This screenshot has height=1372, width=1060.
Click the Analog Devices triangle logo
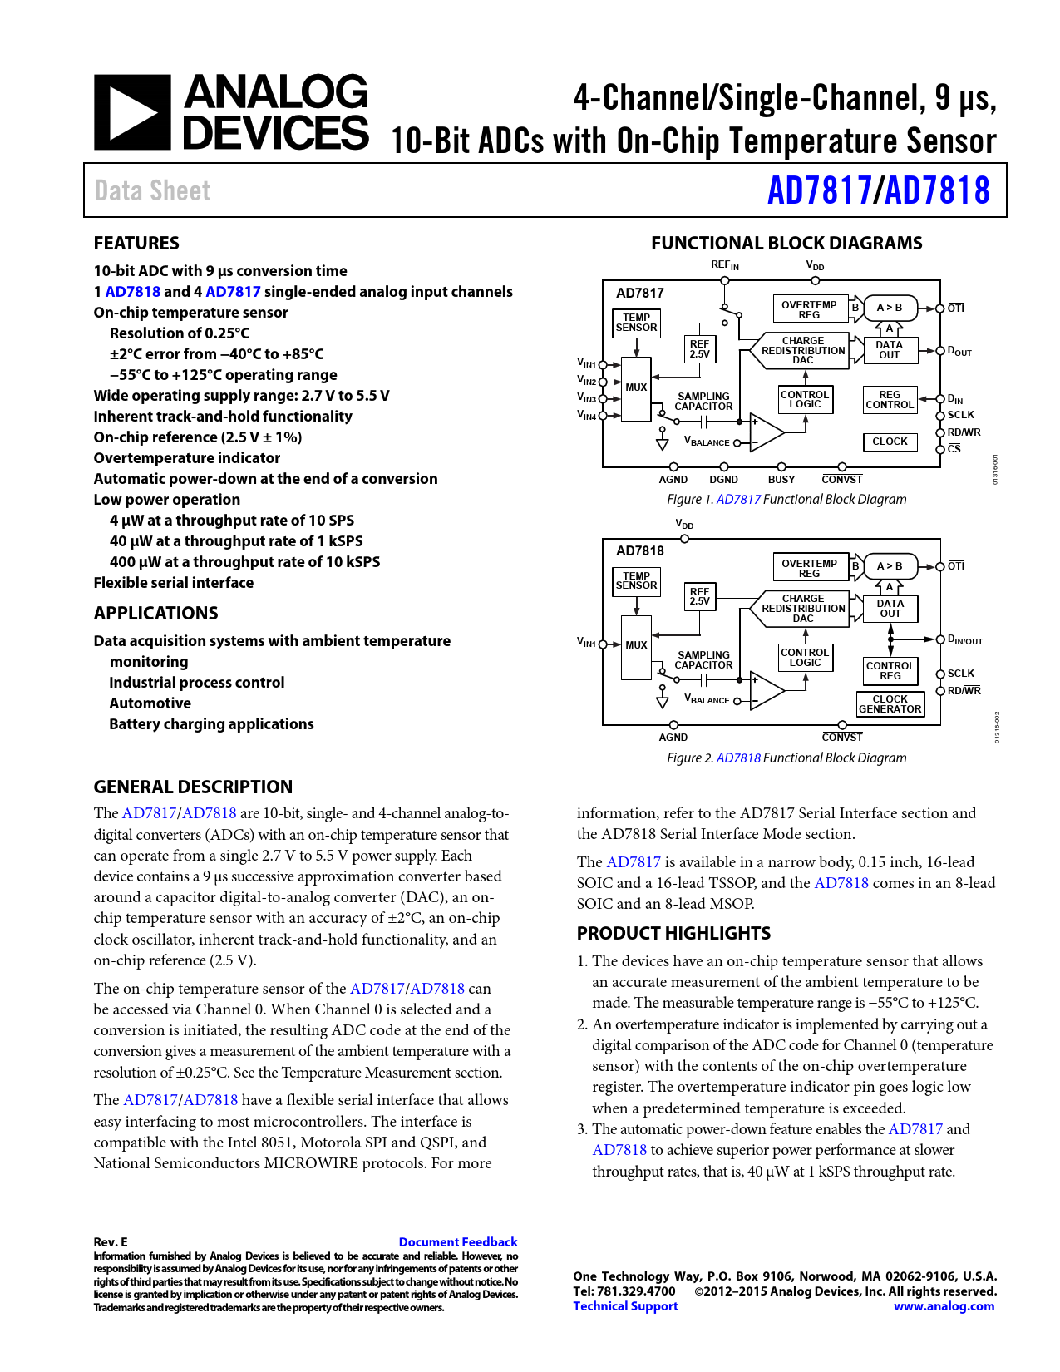click(132, 112)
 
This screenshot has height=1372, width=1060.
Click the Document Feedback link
click(457, 1241)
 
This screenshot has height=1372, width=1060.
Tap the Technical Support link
click(625, 1306)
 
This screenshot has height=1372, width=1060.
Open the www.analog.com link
click(944, 1306)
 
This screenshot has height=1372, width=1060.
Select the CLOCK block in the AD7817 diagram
click(890, 442)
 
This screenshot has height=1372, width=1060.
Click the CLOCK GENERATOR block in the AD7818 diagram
click(890, 704)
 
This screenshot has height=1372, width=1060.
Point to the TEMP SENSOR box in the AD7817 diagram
click(636, 323)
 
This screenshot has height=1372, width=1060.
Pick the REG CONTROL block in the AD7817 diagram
click(890, 400)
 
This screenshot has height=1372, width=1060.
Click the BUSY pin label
click(781, 480)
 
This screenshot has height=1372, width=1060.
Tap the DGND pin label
click(723, 480)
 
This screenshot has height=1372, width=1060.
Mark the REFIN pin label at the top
click(724, 265)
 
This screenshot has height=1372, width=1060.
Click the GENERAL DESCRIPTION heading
click(193, 787)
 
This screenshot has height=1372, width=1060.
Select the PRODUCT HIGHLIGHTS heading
click(673, 933)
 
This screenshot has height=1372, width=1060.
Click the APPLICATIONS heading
click(155, 613)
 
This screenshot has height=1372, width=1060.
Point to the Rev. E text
click(111, 1241)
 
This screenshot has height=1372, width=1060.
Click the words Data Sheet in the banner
click(152, 190)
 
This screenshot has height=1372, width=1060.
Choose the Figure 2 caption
click(786, 758)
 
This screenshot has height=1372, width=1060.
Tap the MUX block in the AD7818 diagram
click(636, 645)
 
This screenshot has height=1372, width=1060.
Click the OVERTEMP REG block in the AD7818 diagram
click(809, 568)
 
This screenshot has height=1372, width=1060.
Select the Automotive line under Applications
click(150, 703)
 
